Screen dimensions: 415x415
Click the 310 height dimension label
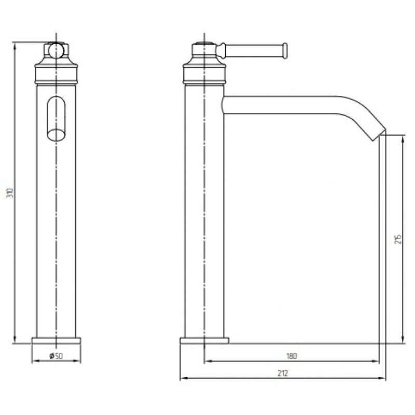coord(10,192)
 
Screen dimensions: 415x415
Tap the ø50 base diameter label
coord(57,356)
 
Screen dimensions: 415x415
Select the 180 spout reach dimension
coord(292,356)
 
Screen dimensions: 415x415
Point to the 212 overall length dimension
coord(283,373)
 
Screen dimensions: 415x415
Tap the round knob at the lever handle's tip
coord(285,50)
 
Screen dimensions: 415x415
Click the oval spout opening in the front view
coord(56,134)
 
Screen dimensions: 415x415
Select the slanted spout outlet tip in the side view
coord(380,134)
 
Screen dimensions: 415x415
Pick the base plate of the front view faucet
coord(56,341)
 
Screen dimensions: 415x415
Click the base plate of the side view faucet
coord(204,341)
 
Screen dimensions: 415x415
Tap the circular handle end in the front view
coord(56,50)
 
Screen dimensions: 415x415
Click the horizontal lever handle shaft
coord(254,50)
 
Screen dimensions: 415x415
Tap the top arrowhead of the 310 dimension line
coord(15,47)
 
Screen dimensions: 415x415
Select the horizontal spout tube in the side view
coord(281,105)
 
